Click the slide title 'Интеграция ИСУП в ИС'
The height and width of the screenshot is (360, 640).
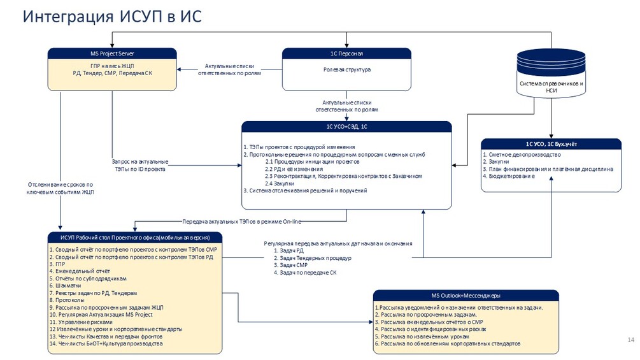[x=112, y=17]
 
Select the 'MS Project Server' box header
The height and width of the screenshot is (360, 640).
[x=112, y=54]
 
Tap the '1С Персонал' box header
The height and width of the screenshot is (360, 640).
[x=346, y=54]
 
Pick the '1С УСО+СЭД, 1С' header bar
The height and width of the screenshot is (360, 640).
[x=346, y=127]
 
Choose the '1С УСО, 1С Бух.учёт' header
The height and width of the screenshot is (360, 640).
[x=551, y=144]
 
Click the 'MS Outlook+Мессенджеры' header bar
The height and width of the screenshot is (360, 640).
[x=466, y=296]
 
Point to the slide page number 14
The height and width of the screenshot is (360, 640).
[x=631, y=340]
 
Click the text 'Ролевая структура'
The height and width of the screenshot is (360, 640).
[x=346, y=69]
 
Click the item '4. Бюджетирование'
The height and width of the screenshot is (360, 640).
[x=509, y=176]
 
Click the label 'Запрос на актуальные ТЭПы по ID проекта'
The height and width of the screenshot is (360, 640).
[x=139, y=165]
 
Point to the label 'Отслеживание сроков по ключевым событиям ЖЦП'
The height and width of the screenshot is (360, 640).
[x=60, y=188]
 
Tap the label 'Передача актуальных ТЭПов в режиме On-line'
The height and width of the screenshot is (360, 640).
[x=242, y=222]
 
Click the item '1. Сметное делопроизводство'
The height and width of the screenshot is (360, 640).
[x=522, y=155]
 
